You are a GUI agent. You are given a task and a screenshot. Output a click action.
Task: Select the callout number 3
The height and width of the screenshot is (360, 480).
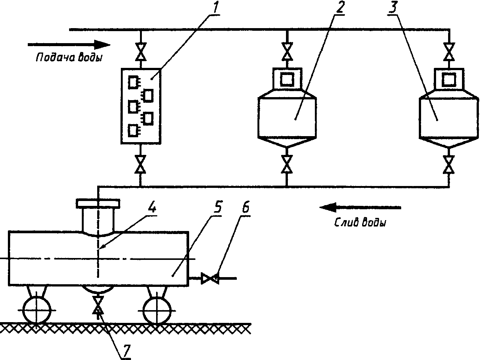click(x=393, y=8)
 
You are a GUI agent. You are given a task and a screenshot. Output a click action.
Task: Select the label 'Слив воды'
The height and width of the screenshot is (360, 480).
click(x=360, y=222)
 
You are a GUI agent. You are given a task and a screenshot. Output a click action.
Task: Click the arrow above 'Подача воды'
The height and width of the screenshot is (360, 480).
click(x=69, y=45)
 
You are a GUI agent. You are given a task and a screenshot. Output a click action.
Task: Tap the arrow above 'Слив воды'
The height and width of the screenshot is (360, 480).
click(x=360, y=207)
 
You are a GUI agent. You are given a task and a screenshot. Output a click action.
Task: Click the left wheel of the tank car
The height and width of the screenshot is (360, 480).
click(x=37, y=310)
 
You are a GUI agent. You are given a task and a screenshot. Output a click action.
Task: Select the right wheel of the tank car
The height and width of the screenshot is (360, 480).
click(x=157, y=310)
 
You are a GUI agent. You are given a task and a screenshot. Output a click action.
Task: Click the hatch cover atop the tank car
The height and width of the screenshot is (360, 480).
click(x=98, y=204)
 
